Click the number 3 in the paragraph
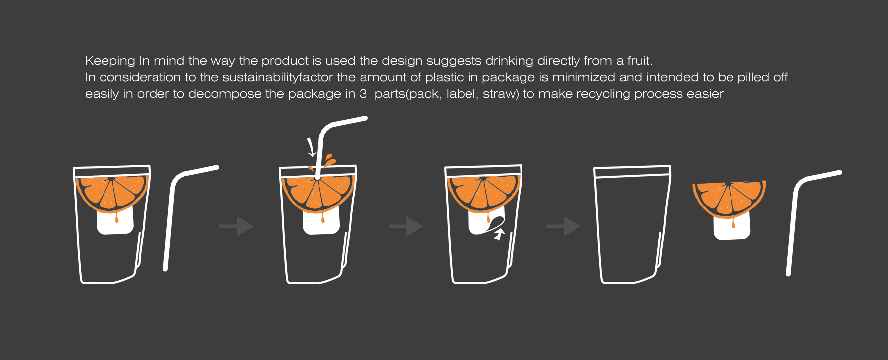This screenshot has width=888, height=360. (363, 94)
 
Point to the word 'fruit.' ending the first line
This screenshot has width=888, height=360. (640, 61)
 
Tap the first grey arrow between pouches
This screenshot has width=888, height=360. (237, 226)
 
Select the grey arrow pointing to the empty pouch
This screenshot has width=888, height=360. (564, 226)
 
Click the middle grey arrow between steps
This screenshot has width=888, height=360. (406, 226)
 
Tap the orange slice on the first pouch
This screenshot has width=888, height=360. (112, 192)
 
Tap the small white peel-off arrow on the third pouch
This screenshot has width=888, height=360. (499, 234)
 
